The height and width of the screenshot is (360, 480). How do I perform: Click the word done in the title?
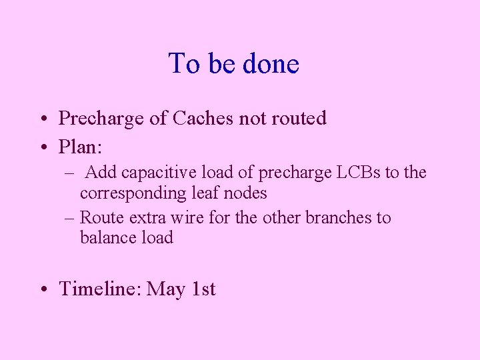pyautogui.click(x=271, y=64)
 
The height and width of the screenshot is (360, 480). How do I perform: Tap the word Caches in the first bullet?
pyautogui.click(x=203, y=119)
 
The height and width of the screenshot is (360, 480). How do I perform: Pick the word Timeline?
pyautogui.click(x=100, y=289)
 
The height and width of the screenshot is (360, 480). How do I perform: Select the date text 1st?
pyautogui.click(x=203, y=289)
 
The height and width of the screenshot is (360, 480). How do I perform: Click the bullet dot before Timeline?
pyautogui.click(x=43, y=289)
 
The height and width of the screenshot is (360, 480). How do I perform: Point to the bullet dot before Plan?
pyautogui.click(x=43, y=146)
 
